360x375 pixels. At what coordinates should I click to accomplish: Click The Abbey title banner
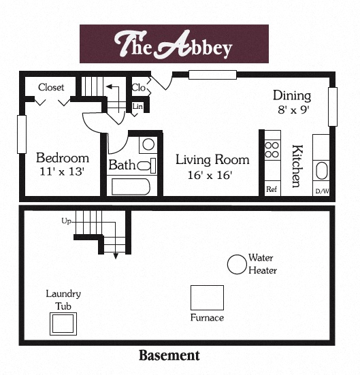(x=174, y=44)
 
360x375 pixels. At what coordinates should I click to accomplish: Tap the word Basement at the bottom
(x=169, y=355)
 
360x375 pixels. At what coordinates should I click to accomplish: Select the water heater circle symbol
(x=237, y=265)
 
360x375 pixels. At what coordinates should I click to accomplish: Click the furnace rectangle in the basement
(x=207, y=297)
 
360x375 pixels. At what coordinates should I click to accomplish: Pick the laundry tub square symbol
(x=63, y=323)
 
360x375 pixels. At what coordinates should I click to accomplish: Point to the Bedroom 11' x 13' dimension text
(x=63, y=172)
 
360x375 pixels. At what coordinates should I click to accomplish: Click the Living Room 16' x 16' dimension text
(x=210, y=175)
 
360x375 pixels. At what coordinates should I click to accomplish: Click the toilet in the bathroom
(x=146, y=165)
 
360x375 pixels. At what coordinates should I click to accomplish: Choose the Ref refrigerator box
(x=272, y=189)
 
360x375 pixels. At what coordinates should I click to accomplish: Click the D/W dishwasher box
(x=321, y=190)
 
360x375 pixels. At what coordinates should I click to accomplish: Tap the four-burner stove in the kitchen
(x=272, y=150)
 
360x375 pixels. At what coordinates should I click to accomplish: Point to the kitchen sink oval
(x=321, y=170)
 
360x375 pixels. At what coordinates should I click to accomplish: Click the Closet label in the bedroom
(x=52, y=87)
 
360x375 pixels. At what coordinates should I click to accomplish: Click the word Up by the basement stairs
(x=66, y=221)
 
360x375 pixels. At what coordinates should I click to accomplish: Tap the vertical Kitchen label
(x=297, y=165)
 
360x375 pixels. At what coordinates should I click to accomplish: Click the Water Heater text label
(x=262, y=264)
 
